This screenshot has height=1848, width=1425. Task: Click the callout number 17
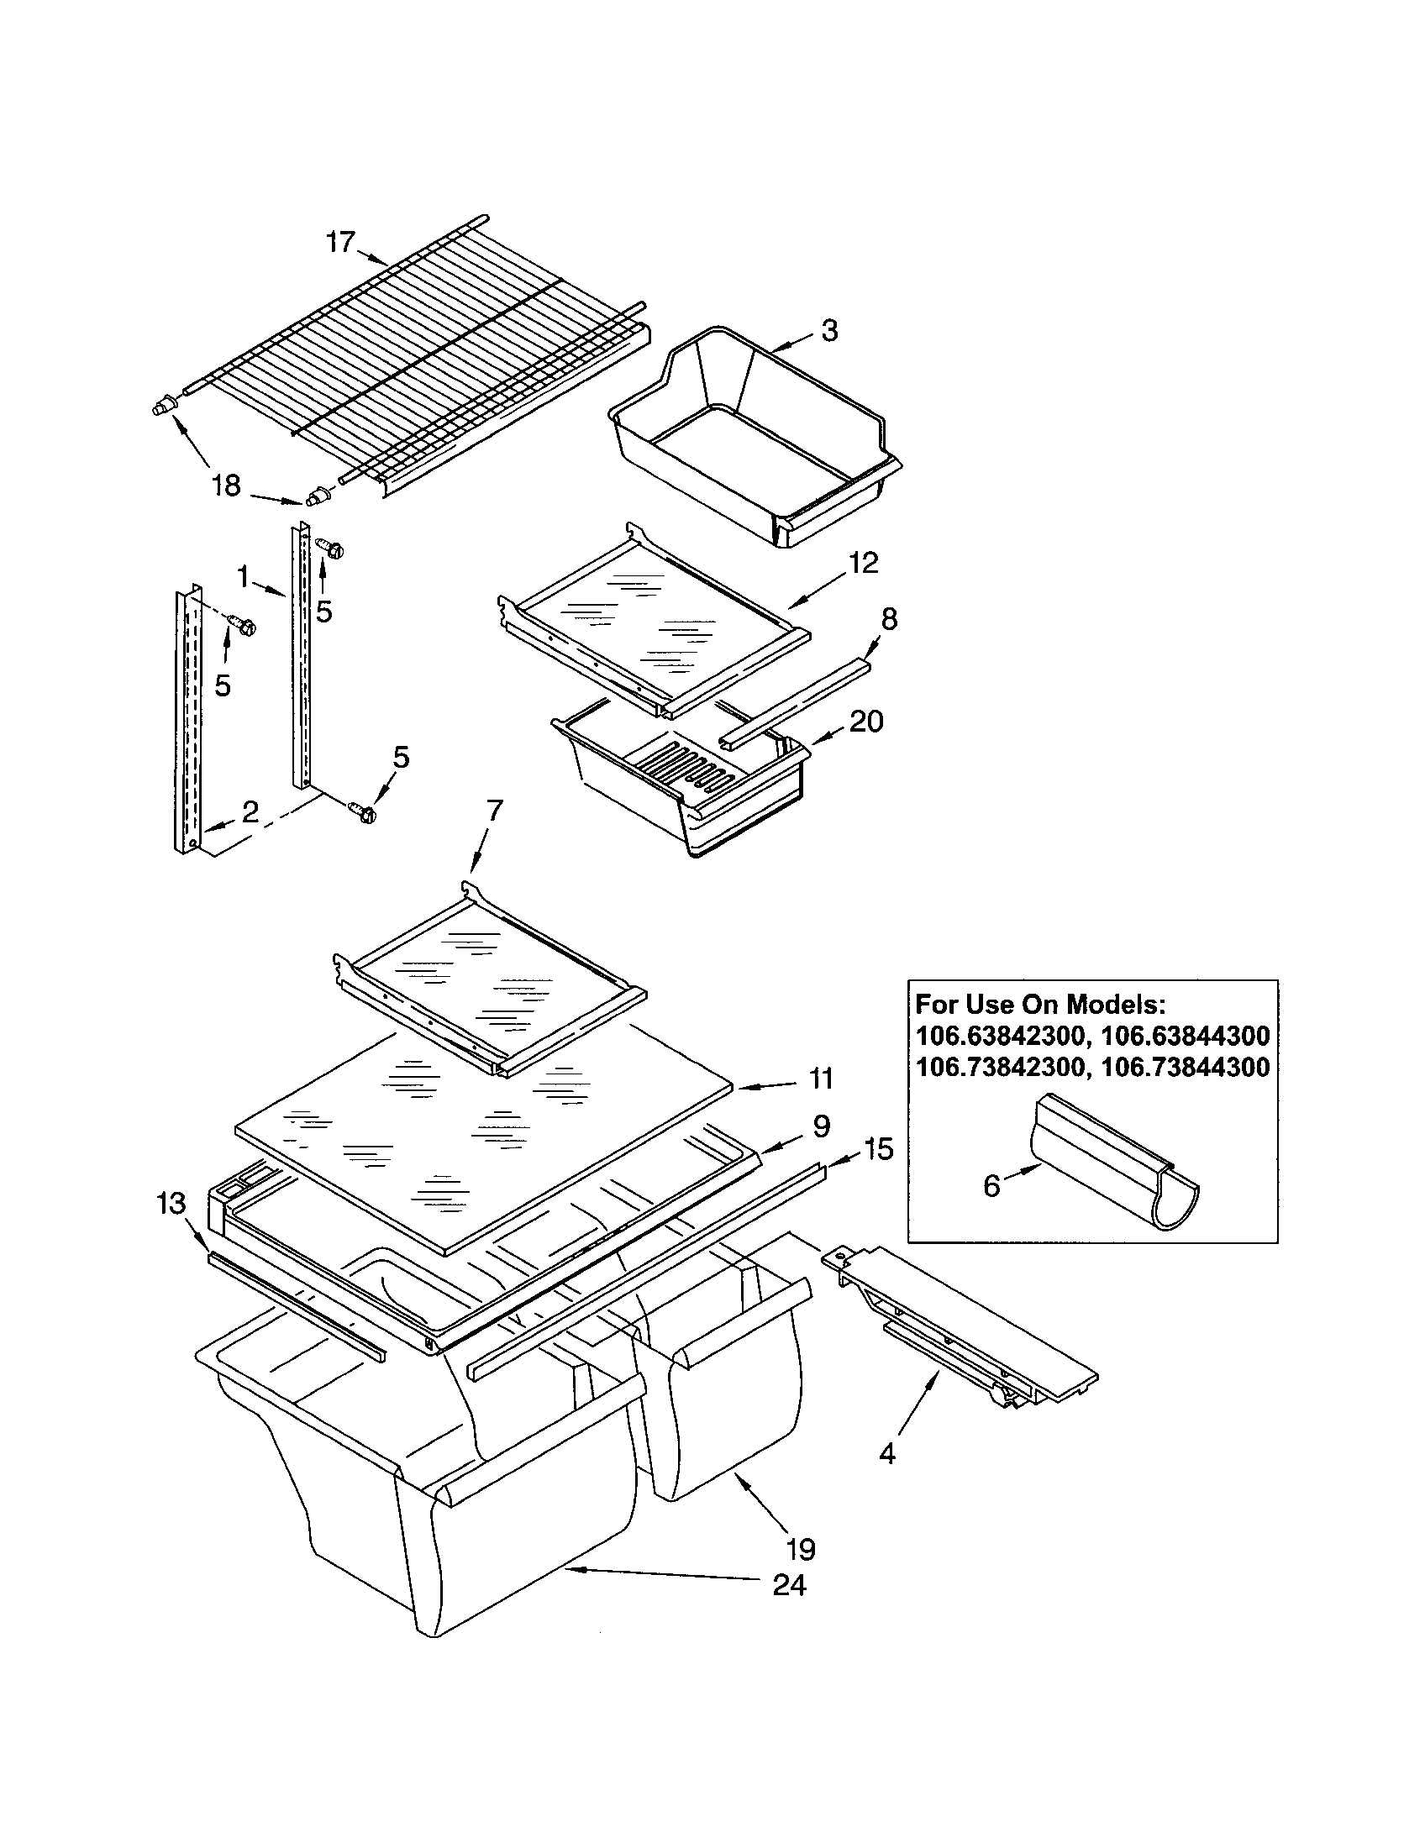tap(340, 242)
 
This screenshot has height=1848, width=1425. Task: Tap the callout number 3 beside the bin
tap(829, 331)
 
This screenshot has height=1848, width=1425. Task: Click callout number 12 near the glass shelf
tap(864, 563)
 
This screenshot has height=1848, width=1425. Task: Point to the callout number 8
tap(888, 619)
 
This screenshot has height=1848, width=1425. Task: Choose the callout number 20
tap(865, 722)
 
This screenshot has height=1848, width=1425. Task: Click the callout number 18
tap(226, 486)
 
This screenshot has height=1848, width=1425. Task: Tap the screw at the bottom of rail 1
tap(365, 813)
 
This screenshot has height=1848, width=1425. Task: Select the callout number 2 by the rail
tap(250, 812)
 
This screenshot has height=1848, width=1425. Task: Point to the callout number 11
tap(820, 1079)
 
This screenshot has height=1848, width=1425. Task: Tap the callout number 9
tap(821, 1126)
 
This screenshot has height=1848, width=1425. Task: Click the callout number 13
tap(171, 1202)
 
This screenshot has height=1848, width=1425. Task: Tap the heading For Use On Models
tap(1041, 1005)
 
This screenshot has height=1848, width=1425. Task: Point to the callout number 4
tap(886, 1454)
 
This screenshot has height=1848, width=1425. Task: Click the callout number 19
tap(800, 1548)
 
